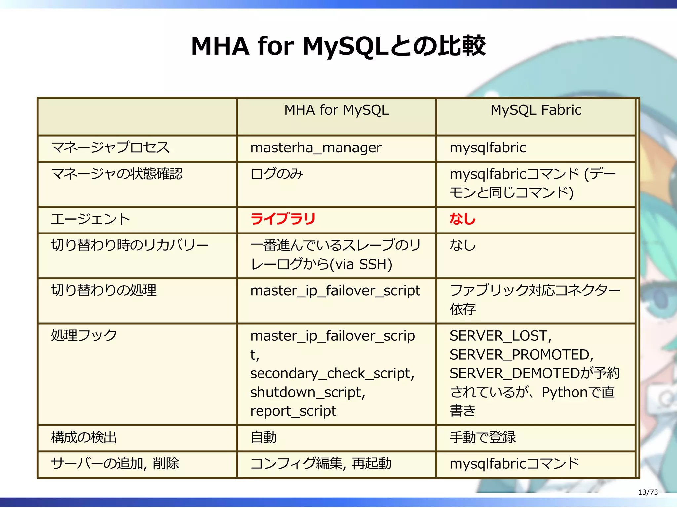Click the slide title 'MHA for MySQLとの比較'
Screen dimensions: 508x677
(x=338, y=46)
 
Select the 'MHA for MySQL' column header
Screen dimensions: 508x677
(x=337, y=110)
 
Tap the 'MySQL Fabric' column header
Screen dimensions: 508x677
(x=536, y=110)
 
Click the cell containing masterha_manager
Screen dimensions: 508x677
(x=316, y=148)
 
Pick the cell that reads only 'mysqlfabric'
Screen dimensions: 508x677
(x=488, y=148)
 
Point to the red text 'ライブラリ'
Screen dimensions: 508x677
(x=283, y=219)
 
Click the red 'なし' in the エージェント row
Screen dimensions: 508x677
(x=462, y=219)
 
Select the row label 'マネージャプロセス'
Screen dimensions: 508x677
(x=110, y=148)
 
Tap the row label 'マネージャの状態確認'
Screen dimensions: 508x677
(x=117, y=174)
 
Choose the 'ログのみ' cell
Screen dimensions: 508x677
(x=277, y=174)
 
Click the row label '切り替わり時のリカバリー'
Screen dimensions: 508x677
(x=130, y=245)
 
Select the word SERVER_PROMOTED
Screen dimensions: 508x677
(x=521, y=355)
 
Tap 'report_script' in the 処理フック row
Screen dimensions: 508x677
(x=293, y=411)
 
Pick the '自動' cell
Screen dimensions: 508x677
(x=263, y=437)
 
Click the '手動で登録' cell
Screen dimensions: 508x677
(x=483, y=437)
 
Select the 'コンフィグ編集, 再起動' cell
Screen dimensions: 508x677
(x=321, y=463)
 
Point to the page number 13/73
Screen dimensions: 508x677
(x=648, y=492)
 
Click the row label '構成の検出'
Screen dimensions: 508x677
(x=84, y=437)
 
